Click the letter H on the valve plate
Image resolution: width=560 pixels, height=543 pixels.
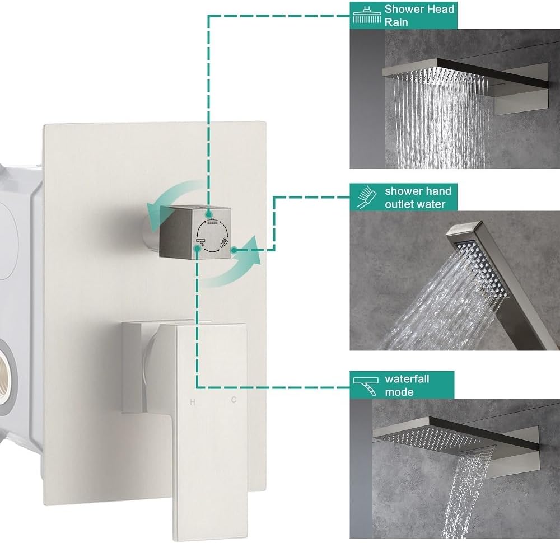pos(193,401)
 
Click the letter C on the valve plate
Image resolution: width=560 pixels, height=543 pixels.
pos(233,400)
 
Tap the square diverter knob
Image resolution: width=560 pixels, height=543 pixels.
pos(196,231)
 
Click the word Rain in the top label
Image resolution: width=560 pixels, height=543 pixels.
pos(395,22)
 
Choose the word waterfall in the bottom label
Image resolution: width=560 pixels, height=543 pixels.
pos(407,379)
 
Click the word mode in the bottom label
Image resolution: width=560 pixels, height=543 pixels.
pos(399,392)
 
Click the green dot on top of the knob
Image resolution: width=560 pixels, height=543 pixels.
pos(208,213)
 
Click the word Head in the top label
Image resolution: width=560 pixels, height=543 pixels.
pos(441,9)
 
